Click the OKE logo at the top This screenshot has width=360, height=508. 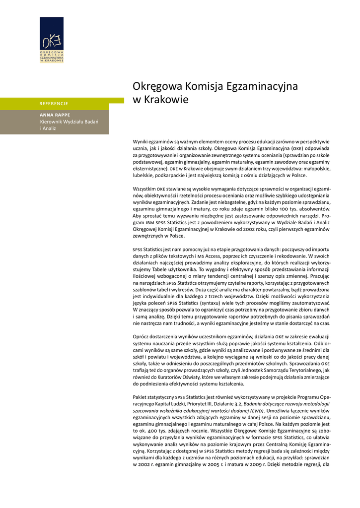pyautogui.click(x=52, y=40)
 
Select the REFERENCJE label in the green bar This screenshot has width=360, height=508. pyautogui.click(x=54, y=104)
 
